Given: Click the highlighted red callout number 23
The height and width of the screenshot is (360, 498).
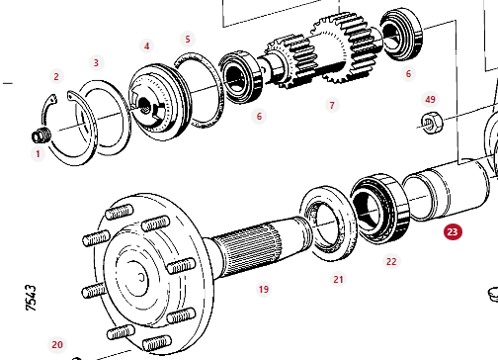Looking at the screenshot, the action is click(x=453, y=232).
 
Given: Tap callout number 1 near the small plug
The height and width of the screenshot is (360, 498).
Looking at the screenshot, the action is click(x=38, y=154).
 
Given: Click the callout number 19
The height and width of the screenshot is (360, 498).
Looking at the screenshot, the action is click(x=264, y=290).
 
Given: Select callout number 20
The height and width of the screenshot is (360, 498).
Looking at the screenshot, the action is click(x=57, y=345).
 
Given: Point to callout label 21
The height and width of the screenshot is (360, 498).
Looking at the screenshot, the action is click(x=338, y=280).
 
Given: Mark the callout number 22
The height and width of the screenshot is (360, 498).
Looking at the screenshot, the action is click(x=391, y=262).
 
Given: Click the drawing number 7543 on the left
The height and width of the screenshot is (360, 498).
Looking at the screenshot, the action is click(x=31, y=298).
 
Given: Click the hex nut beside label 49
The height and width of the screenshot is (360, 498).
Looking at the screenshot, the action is click(x=432, y=123).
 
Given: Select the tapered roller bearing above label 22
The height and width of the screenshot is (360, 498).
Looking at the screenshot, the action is click(x=380, y=209).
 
